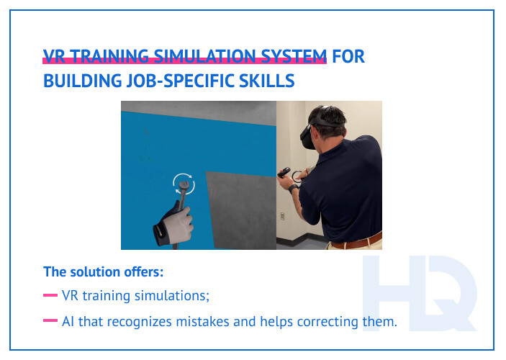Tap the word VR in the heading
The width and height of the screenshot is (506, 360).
[53, 57]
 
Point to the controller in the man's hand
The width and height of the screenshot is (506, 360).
[287, 174]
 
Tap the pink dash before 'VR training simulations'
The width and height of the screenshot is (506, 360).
[50, 295]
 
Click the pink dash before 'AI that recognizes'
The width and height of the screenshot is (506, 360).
[50, 321]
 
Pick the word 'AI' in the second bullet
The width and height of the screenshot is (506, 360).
[69, 321]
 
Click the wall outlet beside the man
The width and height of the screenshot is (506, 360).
[283, 215]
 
